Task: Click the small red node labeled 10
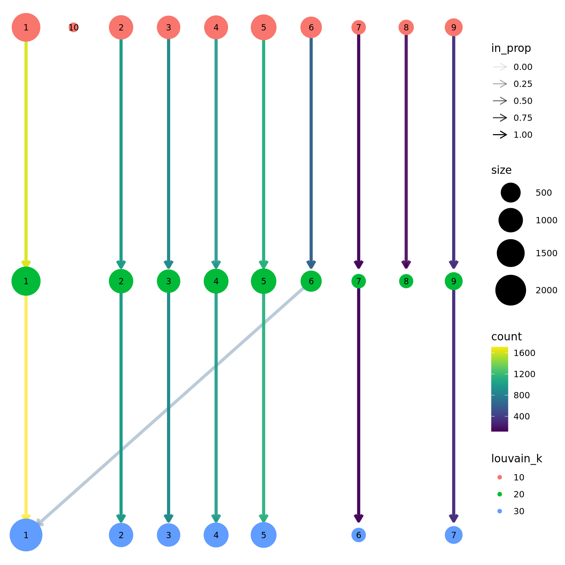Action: point(74,28)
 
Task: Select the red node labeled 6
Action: point(311,28)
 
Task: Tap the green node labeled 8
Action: point(406,281)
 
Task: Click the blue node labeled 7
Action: point(454,535)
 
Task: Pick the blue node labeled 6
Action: point(359,535)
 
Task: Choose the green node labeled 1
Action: point(26,281)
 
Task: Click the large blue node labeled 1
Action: point(26,535)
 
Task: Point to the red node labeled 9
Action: point(454,28)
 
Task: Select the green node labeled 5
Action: point(263,281)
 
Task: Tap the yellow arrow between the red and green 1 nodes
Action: point(26,147)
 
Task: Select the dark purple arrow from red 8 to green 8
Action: point(406,147)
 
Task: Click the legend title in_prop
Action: point(511,48)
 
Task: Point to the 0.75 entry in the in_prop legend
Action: point(523,118)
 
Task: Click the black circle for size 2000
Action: point(511,290)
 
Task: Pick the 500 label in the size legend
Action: point(544,193)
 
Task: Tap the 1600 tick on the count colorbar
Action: point(524,353)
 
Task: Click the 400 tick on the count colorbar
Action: point(522,416)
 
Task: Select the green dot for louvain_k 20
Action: point(500,494)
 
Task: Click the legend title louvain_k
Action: point(516,459)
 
